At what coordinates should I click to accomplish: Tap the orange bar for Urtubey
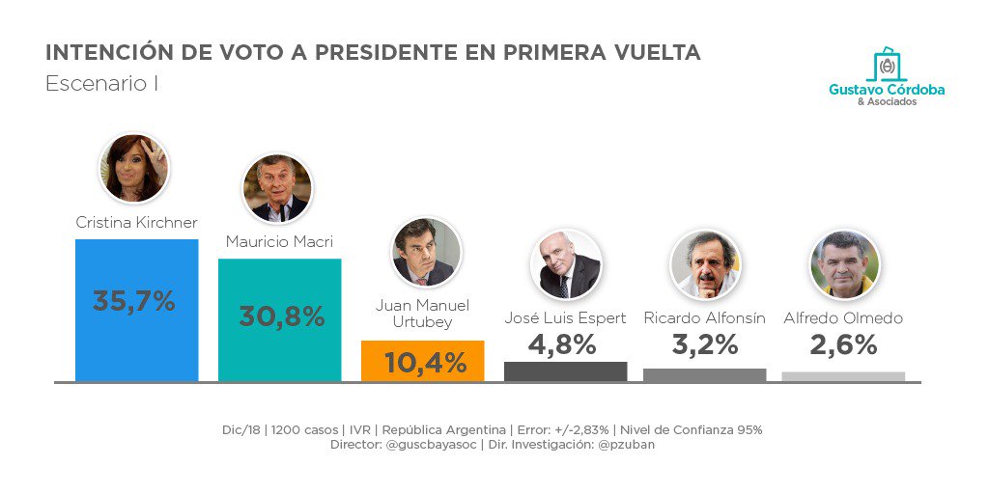tap(422, 362)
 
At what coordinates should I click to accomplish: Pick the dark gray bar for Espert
tap(565, 371)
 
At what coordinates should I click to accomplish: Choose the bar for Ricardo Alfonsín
tap(704, 375)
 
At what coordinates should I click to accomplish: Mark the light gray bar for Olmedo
tap(843, 376)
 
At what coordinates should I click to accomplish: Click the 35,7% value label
tap(134, 301)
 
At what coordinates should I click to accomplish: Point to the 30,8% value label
tap(281, 316)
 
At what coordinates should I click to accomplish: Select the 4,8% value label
tap(562, 344)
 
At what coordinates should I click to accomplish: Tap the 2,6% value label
tap(843, 344)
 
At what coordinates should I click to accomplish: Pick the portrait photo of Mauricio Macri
tap(277, 189)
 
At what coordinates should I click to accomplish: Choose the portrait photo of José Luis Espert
tap(566, 264)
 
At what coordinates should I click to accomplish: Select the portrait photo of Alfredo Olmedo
tap(844, 264)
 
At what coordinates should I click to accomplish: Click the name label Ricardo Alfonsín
tap(704, 317)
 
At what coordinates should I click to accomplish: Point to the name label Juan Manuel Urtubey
tap(422, 314)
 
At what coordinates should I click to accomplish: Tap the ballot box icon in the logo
tap(887, 66)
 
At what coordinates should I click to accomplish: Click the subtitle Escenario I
tap(101, 84)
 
